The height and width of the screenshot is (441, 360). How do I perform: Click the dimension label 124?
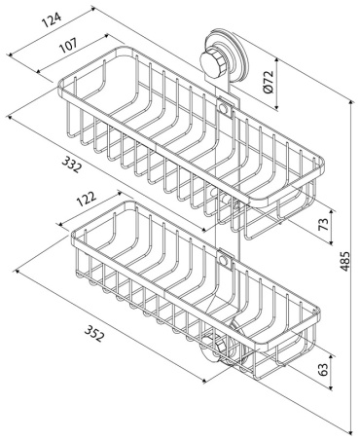(x=52, y=20)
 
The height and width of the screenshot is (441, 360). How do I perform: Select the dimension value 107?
(x=68, y=46)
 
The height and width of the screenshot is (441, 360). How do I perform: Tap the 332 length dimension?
(x=71, y=165)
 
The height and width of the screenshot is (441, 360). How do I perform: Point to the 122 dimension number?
(x=87, y=199)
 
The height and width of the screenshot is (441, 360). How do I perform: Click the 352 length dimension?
(x=94, y=332)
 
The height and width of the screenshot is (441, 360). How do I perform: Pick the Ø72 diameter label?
(x=269, y=82)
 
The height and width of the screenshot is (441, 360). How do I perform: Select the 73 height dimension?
(x=323, y=224)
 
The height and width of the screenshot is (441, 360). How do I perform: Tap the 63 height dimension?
(x=323, y=368)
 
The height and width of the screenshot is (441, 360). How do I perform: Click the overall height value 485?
(x=344, y=261)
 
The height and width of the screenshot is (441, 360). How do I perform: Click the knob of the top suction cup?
(x=213, y=61)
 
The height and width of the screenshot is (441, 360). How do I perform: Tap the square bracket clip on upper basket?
(x=225, y=107)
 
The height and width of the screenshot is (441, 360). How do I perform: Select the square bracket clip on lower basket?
(x=224, y=260)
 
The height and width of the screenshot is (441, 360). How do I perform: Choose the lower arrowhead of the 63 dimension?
(x=331, y=386)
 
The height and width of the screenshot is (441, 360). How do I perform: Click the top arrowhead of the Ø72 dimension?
(x=276, y=61)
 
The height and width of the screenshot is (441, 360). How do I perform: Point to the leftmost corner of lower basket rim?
(x=73, y=234)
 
